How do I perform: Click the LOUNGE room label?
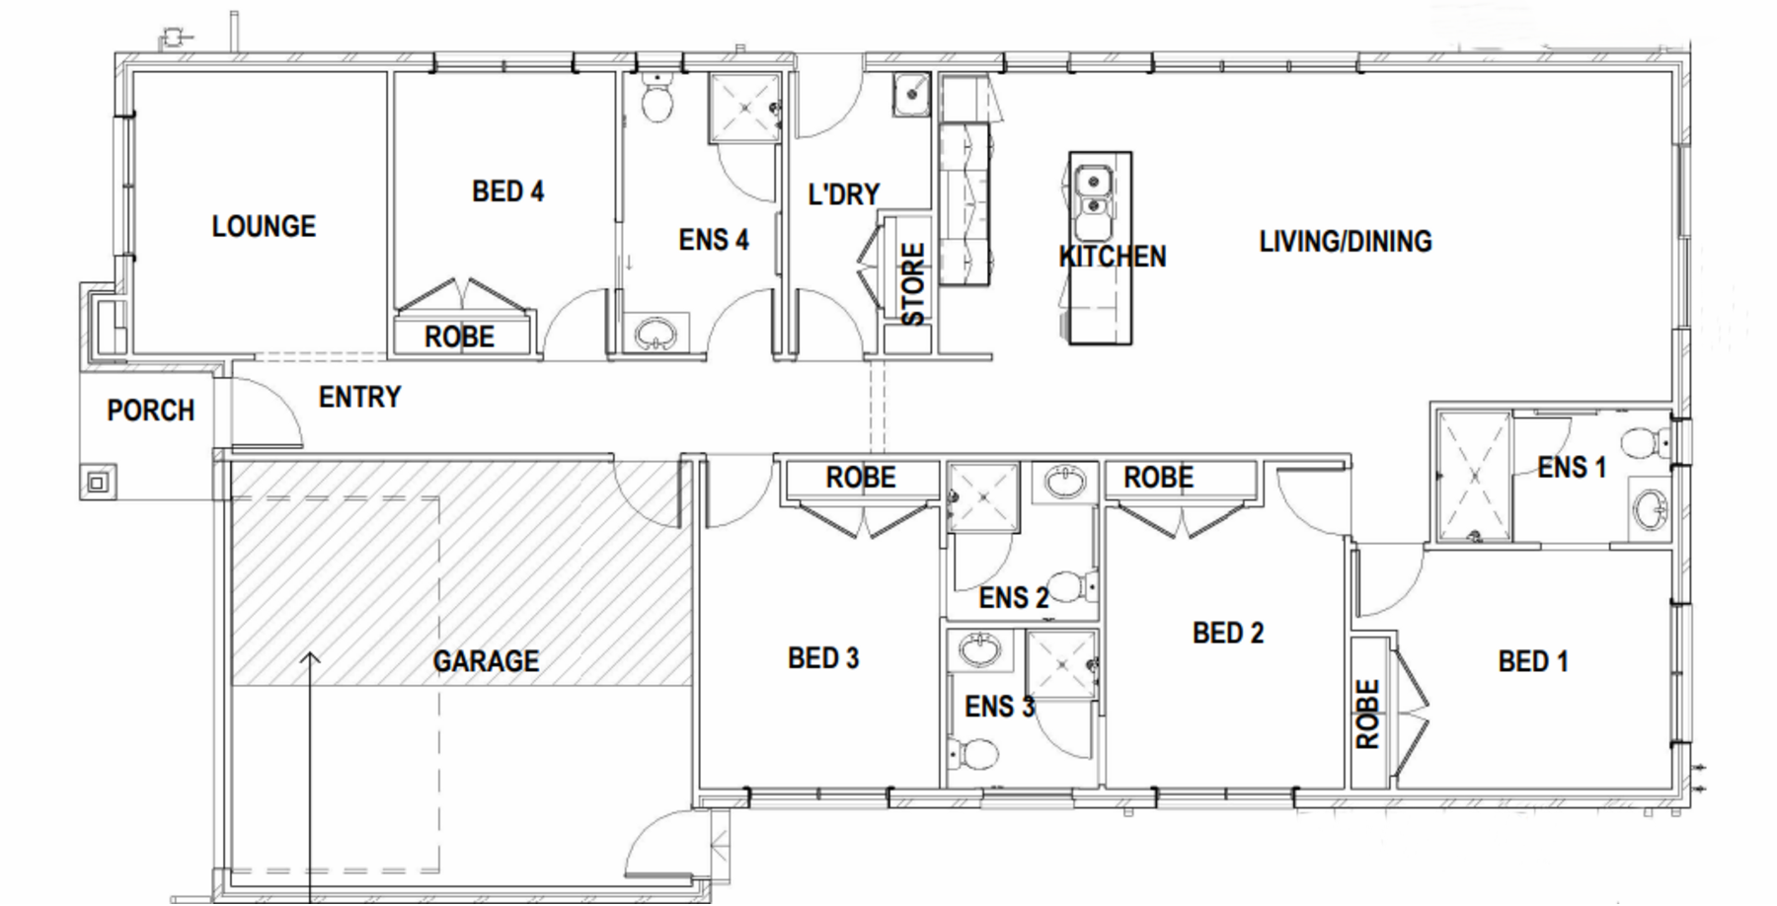click(264, 226)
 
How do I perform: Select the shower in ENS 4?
click(744, 108)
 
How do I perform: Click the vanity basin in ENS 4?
click(655, 334)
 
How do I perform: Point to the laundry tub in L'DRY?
click(910, 95)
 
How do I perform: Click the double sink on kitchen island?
click(1094, 191)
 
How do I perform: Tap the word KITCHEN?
click(1113, 257)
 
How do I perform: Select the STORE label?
click(914, 284)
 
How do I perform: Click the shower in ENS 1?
click(1474, 477)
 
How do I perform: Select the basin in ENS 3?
click(979, 650)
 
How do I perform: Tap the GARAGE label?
click(486, 661)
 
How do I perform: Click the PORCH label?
click(150, 411)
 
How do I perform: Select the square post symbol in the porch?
click(98, 483)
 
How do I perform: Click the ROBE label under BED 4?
click(459, 337)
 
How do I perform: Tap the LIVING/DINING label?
click(1345, 242)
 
